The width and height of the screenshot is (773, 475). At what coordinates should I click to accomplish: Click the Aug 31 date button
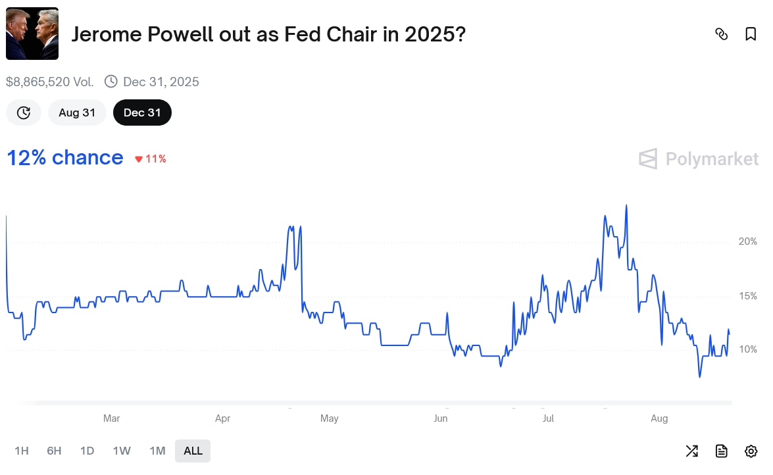77,113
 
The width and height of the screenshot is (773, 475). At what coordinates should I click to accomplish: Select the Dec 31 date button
142,113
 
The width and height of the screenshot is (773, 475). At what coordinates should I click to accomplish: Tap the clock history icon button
24,113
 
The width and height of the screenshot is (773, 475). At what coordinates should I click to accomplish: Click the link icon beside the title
721,34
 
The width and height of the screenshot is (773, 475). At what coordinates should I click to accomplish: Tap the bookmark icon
751,34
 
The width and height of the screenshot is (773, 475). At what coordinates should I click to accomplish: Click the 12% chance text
64,158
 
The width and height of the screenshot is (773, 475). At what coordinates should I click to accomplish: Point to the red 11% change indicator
151,159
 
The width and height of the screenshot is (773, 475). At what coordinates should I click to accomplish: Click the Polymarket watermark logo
698,159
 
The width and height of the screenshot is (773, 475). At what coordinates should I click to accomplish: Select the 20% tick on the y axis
747,241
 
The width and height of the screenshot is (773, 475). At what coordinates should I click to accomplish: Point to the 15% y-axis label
747,296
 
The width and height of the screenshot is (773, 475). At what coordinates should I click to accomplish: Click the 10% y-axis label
747,349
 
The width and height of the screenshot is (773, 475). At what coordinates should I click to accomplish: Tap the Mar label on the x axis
112,418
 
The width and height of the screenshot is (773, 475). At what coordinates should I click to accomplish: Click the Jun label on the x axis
441,418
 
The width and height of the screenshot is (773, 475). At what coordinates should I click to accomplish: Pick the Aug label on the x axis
659,418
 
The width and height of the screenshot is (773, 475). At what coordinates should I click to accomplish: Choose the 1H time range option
22,451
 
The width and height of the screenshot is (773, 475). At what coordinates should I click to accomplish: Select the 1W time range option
122,451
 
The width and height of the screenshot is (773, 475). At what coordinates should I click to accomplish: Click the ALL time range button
193,451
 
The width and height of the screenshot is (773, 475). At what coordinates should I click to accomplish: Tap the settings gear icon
751,451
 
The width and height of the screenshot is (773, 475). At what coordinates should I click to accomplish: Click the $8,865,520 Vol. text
50,82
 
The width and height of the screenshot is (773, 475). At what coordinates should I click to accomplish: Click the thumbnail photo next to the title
32,34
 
